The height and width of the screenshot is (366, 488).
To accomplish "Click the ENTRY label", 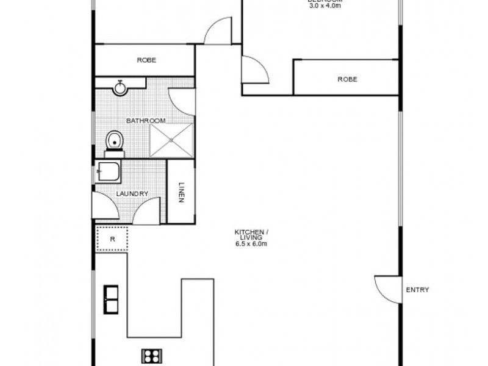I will point(417,290).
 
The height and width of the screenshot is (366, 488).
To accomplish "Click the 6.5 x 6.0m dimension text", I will point(251,243).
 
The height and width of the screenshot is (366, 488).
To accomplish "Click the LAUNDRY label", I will point(132,194).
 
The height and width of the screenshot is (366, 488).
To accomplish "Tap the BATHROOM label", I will point(146,121).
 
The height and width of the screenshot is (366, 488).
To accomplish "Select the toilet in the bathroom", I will point(113,142).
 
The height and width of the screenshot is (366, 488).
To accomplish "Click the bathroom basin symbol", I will point(120,88).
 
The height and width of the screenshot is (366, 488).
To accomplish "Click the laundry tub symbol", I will point(109,173).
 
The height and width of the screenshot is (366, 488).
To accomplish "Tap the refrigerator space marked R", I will point(112,239).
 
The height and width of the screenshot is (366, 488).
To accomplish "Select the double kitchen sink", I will point(112,298).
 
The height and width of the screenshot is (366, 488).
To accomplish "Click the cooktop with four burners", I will point(150,355).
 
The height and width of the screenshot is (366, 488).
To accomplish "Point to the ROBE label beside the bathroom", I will point(146,60).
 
